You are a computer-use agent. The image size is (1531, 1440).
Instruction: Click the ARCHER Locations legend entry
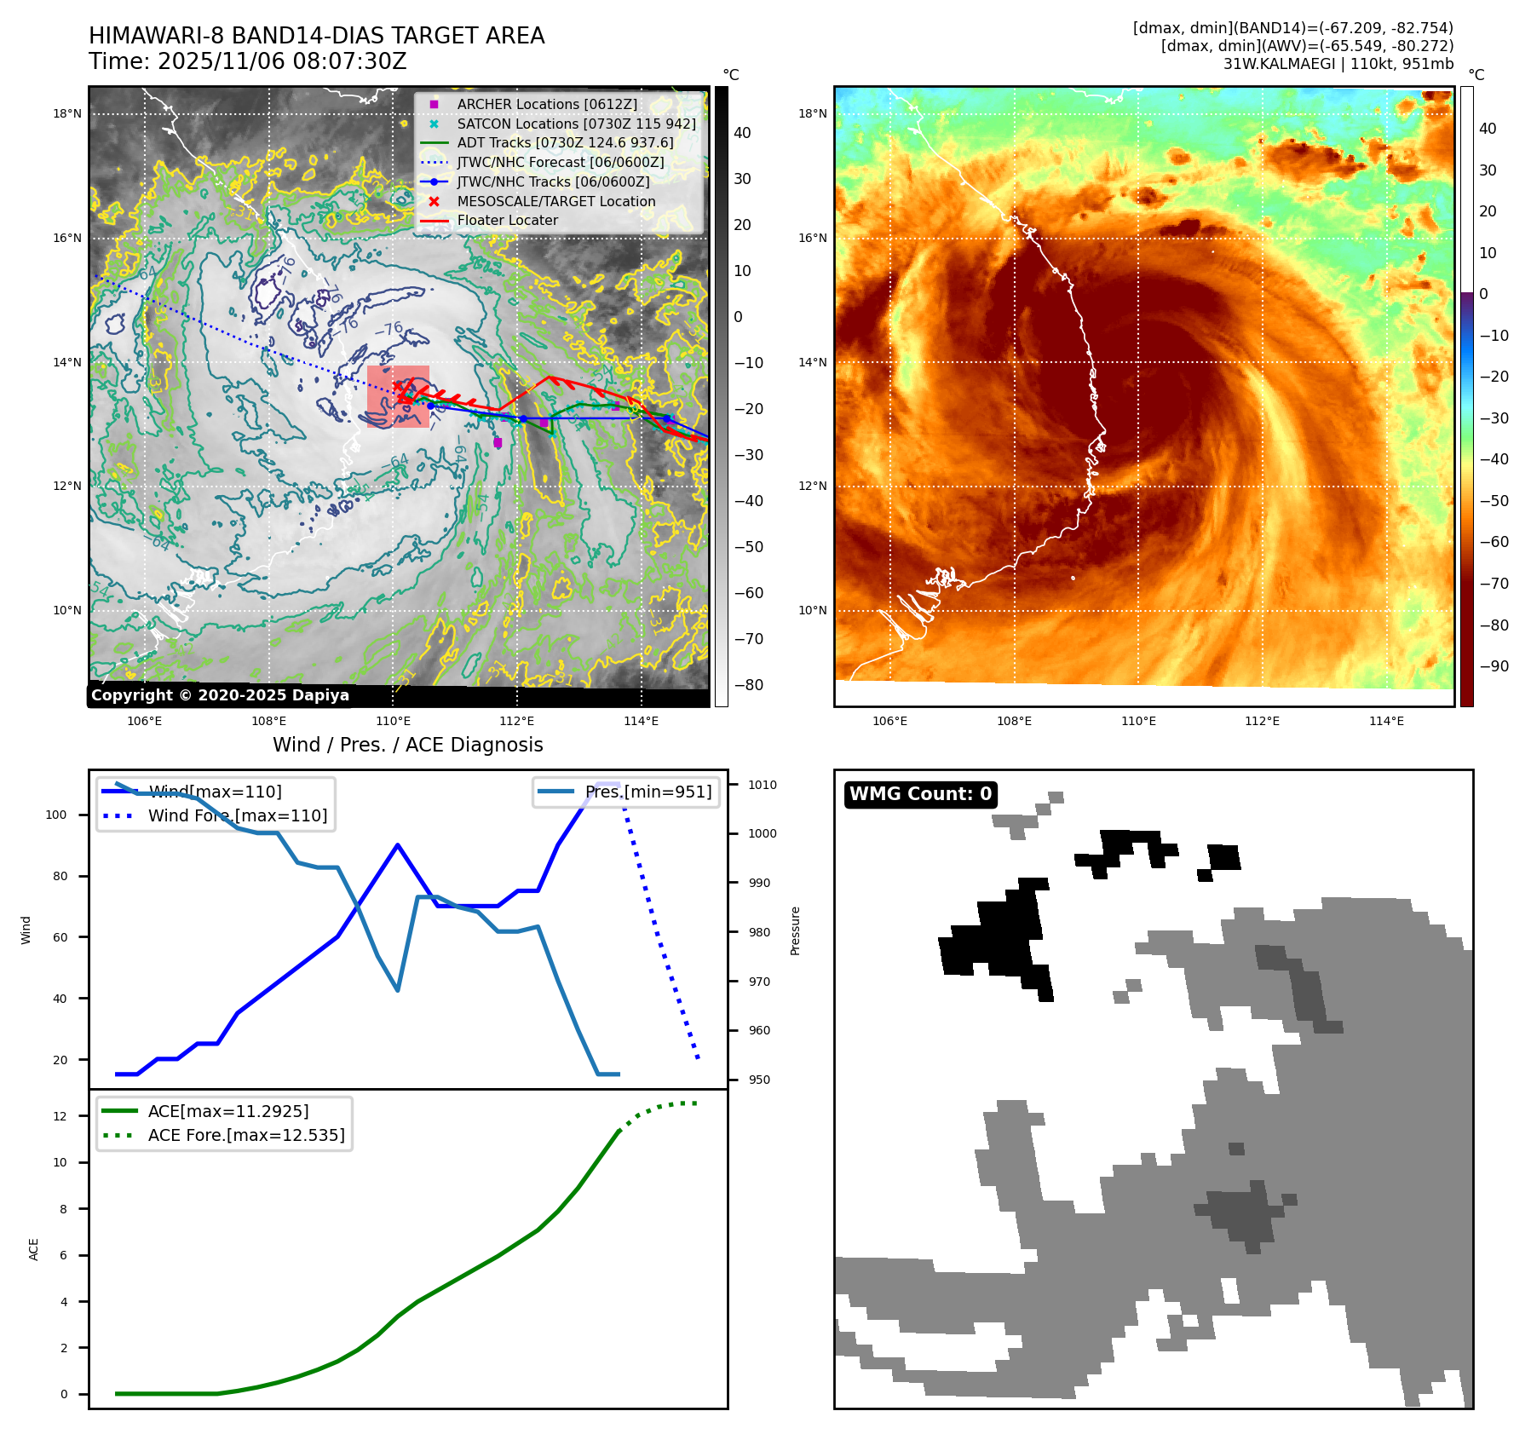pyautogui.click(x=546, y=104)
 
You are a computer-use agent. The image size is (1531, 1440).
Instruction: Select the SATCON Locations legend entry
pyautogui.click(x=576, y=124)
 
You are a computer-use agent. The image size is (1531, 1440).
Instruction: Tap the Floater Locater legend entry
pyautogui.click(x=507, y=220)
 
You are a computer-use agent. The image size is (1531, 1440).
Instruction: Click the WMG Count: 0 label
pyautogui.click(x=920, y=794)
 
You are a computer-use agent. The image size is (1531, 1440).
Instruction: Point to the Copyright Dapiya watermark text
pyautogui.click(x=220, y=695)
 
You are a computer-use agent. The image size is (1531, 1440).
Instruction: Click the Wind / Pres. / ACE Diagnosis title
pyautogui.click(x=407, y=745)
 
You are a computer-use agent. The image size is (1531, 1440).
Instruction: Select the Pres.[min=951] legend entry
pyautogui.click(x=648, y=792)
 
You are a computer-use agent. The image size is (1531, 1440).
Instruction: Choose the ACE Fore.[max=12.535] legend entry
pyautogui.click(x=245, y=1135)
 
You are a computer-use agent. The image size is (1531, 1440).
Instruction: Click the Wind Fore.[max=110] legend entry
pyautogui.click(x=237, y=815)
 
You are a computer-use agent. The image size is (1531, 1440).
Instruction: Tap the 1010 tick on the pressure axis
pyautogui.click(x=763, y=785)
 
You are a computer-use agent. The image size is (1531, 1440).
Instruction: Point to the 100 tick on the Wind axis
pyautogui.click(x=56, y=815)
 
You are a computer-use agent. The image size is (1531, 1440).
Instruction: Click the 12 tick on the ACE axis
pyautogui.click(x=60, y=1116)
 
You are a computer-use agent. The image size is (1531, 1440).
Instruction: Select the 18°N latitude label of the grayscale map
pyautogui.click(x=67, y=113)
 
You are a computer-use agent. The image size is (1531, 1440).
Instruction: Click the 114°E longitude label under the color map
pyautogui.click(x=1386, y=721)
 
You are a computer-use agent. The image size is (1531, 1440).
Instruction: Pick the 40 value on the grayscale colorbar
pyautogui.click(x=742, y=133)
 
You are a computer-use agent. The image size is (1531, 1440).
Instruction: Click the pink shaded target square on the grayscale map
pyautogui.click(x=398, y=396)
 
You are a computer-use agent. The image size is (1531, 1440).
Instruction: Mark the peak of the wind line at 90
pyautogui.click(x=398, y=844)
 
